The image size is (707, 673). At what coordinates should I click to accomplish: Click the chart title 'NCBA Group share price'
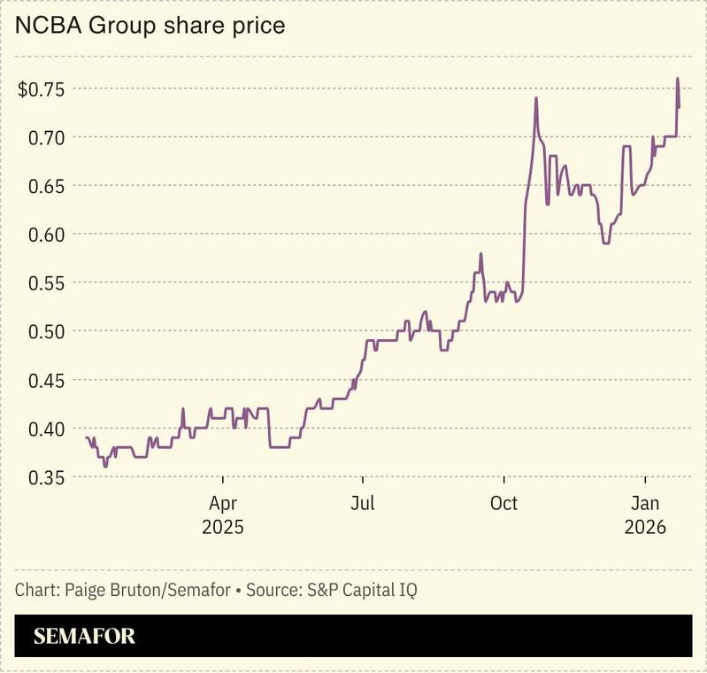coord(150,26)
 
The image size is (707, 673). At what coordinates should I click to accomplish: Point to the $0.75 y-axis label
coord(40,89)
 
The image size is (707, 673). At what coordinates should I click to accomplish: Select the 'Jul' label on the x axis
coord(362,504)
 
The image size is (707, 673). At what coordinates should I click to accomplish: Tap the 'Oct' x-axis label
coord(503,504)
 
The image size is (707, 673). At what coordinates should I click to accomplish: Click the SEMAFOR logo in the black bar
coord(84,637)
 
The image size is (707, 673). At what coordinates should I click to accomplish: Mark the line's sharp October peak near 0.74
coord(536,98)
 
